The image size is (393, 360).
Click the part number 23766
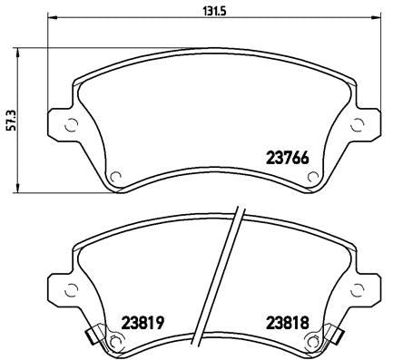tap(287, 156)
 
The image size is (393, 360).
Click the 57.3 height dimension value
tap(10, 117)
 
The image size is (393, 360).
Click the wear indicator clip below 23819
tap(92, 338)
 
